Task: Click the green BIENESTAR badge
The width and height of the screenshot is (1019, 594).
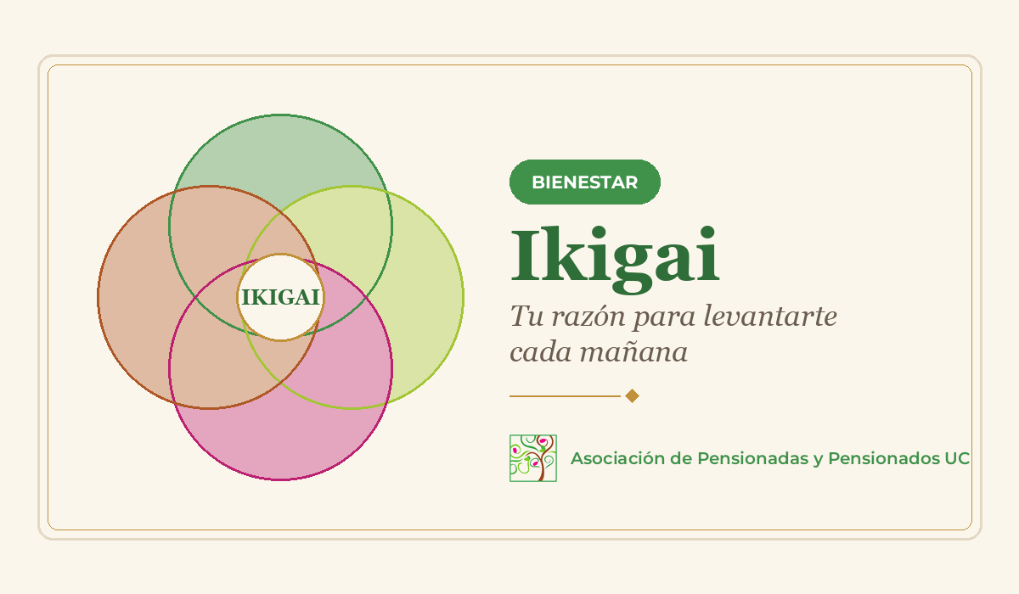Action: click(584, 182)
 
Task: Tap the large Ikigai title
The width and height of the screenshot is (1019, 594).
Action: click(615, 260)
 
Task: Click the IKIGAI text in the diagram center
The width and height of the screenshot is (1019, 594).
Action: click(281, 297)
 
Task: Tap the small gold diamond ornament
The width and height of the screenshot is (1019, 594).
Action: click(633, 395)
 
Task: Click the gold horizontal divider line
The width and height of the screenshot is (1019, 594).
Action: click(565, 396)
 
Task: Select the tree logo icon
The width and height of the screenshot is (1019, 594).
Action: click(533, 458)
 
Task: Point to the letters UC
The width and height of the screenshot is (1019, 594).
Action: click(957, 458)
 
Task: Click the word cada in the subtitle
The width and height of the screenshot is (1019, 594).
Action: click(540, 352)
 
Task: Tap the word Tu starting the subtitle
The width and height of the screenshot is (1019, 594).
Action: click(527, 316)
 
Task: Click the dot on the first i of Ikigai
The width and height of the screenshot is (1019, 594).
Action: click(599, 232)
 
